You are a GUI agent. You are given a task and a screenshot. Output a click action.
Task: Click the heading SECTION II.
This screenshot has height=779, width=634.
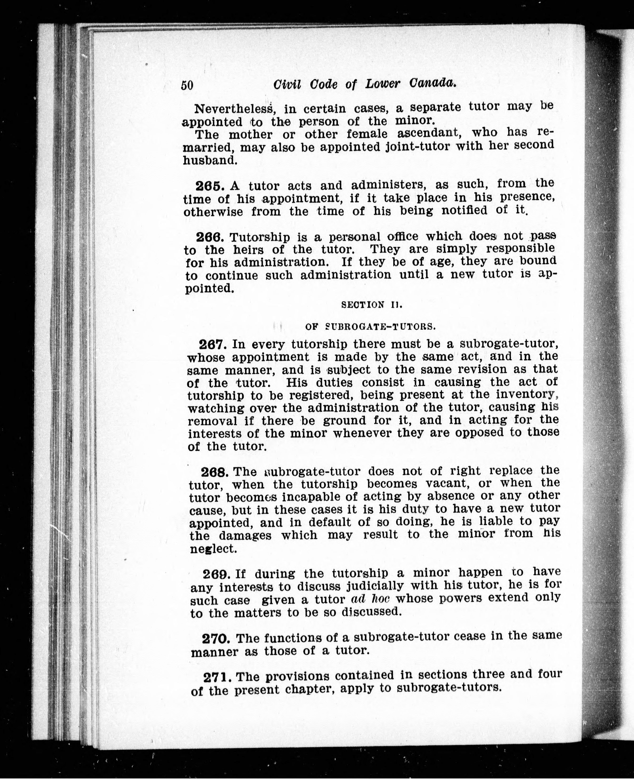point(371,305)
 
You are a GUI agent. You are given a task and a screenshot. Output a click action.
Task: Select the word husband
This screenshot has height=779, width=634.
point(210,160)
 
